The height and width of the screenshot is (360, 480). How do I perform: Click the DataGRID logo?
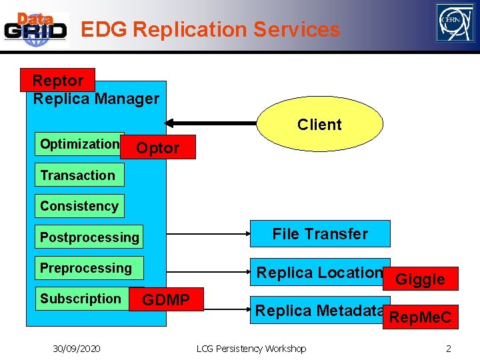tap(36, 29)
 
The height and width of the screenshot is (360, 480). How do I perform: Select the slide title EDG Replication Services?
tap(210, 29)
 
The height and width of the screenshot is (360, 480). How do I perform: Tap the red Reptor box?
tap(58, 80)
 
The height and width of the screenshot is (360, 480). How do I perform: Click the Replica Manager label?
tap(96, 99)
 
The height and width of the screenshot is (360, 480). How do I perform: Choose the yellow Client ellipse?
tap(319, 125)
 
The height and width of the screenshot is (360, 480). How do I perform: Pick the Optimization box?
tap(79, 144)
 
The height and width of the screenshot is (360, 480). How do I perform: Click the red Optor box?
tap(158, 148)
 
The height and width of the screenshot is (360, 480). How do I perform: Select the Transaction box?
tap(77, 175)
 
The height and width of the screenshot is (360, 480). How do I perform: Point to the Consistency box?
tap(79, 206)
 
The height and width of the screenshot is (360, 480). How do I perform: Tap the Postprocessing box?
tap(89, 237)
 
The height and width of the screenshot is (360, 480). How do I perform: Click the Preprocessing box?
tap(86, 268)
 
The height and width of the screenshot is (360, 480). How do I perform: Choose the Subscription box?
tap(80, 299)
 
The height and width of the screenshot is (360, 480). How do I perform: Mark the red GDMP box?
tap(166, 300)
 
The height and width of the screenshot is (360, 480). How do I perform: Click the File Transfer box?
tap(319, 234)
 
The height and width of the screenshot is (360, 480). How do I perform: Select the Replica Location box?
tap(319, 272)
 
